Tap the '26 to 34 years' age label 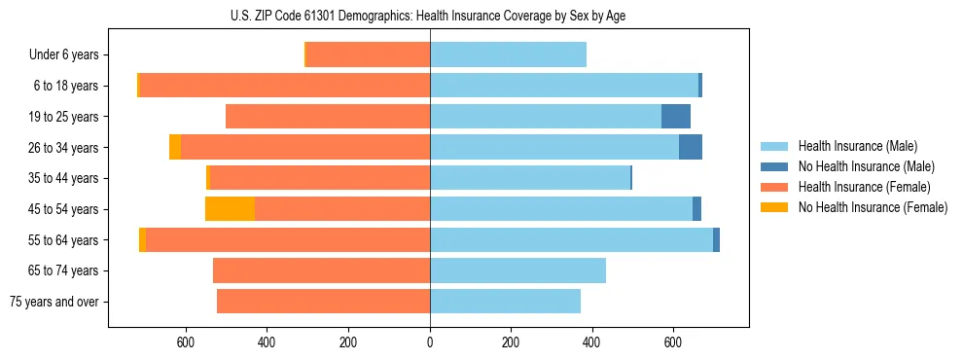63,148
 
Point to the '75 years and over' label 54,302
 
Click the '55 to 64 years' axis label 63,240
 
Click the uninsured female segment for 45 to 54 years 230,209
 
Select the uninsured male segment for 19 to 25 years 676,117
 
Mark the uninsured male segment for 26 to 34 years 691,148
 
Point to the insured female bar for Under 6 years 368,55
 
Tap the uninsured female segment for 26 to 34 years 175,148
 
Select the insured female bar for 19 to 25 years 328,117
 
